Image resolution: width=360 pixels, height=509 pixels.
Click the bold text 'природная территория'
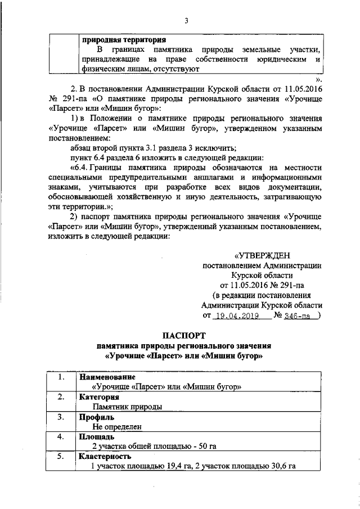coord(124,40)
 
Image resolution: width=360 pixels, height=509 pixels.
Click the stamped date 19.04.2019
coord(237,316)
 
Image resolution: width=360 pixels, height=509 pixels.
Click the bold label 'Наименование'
coord(107,376)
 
